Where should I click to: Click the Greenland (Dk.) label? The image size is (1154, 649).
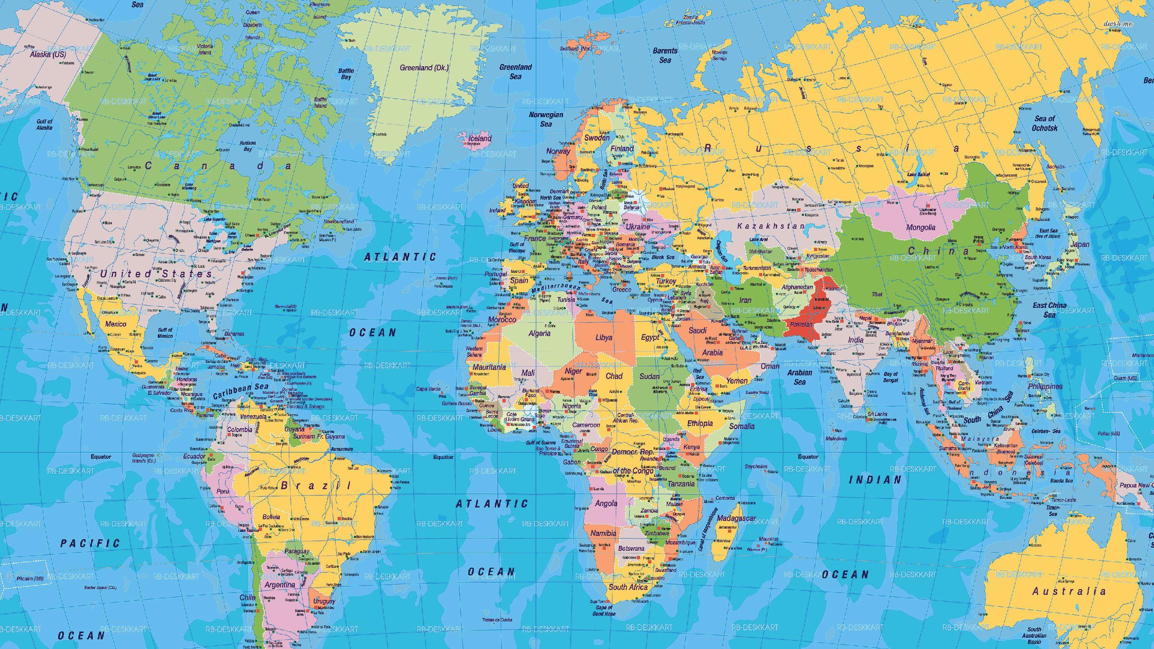[x=424, y=68]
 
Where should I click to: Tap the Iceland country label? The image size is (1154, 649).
[x=480, y=138]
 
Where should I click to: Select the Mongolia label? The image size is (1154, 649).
[x=920, y=227]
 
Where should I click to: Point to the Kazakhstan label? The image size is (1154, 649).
[x=770, y=226]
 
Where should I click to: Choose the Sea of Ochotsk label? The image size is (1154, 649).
[x=1044, y=123]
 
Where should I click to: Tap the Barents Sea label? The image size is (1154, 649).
[x=665, y=55]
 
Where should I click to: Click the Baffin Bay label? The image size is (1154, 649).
[x=346, y=74]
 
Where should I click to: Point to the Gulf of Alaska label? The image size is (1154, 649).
[x=44, y=124]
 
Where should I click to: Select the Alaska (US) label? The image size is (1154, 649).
[x=47, y=55]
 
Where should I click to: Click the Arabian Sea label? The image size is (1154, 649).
[x=800, y=377]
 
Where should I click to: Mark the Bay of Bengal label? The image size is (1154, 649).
[x=891, y=377]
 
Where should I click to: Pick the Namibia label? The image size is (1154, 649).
[x=603, y=533]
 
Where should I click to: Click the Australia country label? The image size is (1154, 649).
[x=1069, y=591]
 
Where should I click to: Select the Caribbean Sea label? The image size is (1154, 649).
[x=240, y=390]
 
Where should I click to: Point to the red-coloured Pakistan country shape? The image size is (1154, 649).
[x=807, y=322]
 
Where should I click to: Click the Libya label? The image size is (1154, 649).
[x=604, y=337]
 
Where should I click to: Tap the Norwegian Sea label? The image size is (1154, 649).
[x=546, y=119]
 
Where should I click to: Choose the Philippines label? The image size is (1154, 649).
[x=1045, y=386]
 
